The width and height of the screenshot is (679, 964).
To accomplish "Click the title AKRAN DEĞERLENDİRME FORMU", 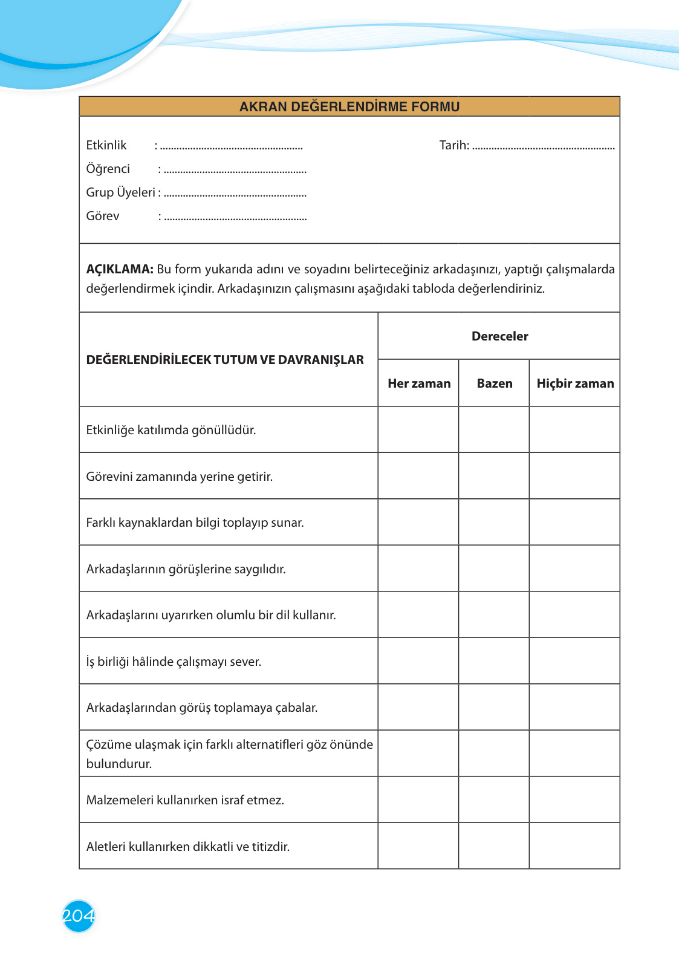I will (x=349, y=107).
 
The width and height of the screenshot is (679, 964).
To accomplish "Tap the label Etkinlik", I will (x=106, y=145).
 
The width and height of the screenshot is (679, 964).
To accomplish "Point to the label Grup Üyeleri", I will (x=121, y=192).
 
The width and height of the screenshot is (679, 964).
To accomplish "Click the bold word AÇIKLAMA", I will (x=120, y=269).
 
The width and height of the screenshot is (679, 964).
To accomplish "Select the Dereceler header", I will (x=499, y=336).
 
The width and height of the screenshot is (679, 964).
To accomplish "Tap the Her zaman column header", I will (x=419, y=383).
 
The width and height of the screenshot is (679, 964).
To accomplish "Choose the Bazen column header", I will (x=494, y=383).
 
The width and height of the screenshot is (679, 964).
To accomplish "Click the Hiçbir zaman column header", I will (x=575, y=383).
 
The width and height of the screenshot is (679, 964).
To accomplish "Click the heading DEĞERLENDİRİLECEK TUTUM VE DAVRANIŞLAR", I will (x=225, y=360).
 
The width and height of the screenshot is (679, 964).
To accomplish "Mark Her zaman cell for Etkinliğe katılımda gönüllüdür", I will (x=418, y=430).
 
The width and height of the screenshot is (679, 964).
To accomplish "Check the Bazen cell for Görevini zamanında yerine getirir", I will (x=494, y=476).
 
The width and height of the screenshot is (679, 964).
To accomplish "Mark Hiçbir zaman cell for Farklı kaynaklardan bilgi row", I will (x=574, y=523).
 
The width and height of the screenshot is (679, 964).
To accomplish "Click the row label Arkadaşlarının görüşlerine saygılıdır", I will (x=186, y=569).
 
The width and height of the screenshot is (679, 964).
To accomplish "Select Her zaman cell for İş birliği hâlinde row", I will (x=418, y=661).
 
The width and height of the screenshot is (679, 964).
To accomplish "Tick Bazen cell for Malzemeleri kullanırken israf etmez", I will (x=494, y=800).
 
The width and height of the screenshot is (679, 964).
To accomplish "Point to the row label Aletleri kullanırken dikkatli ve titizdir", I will (x=187, y=847).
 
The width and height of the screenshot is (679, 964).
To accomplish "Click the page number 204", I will (x=79, y=916).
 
